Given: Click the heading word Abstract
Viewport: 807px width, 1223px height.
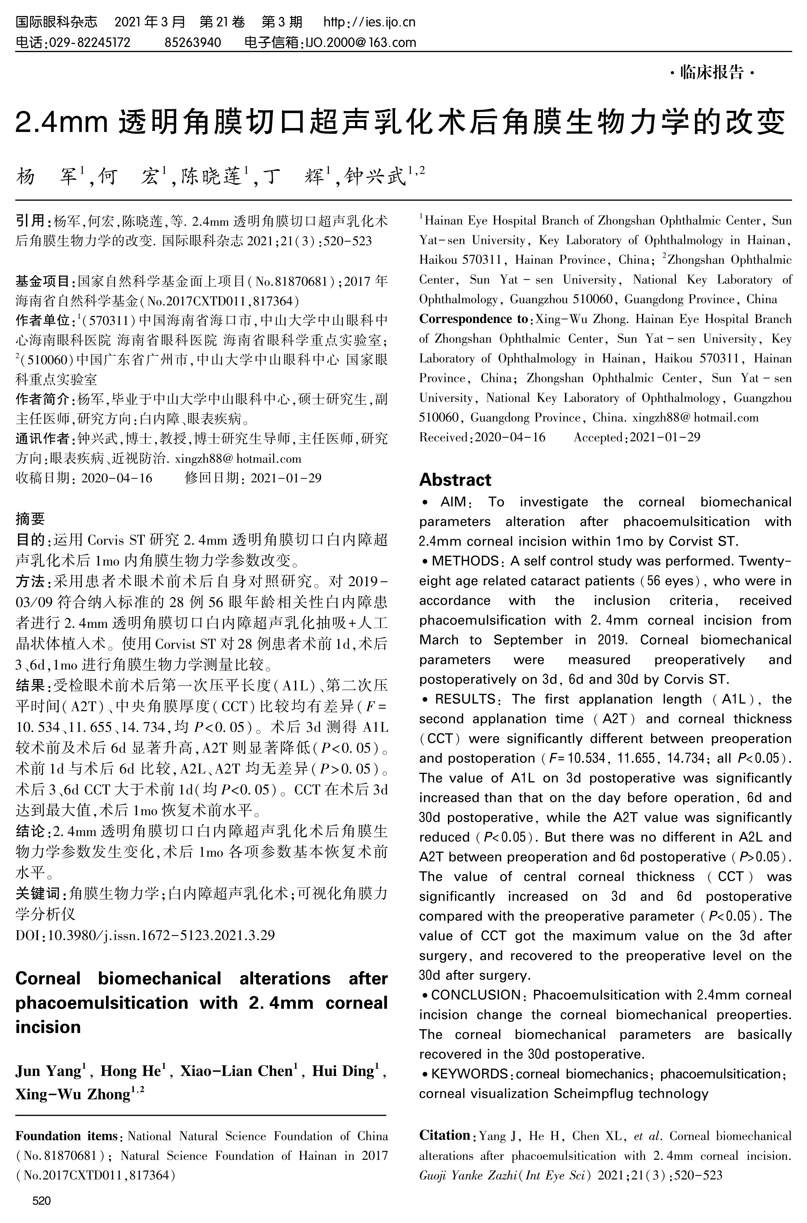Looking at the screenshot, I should (x=455, y=480).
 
